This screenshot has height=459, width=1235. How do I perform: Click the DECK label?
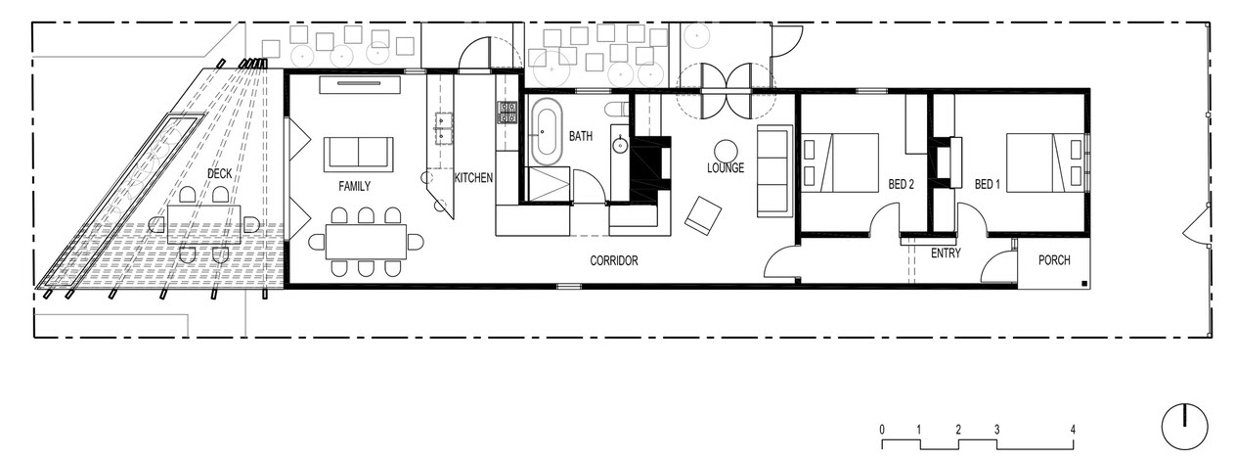tap(219, 174)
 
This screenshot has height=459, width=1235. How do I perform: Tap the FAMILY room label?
tap(355, 187)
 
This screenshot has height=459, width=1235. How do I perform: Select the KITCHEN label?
tap(473, 178)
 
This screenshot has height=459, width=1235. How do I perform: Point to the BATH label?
tap(581, 136)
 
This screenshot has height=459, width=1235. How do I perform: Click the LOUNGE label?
tap(726, 167)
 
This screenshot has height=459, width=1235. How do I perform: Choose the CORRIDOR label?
tap(614, 260)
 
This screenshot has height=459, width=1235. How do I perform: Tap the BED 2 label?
tap(901, 184)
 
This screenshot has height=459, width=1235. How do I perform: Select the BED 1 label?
tap(987, 184)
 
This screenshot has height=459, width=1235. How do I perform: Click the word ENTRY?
tap(946, 253)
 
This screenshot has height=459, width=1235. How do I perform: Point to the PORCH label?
tap(1054, 260)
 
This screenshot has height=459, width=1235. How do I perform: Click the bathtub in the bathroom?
tap(547, 131)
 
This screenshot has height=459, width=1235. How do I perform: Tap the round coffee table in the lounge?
tap(726, 151)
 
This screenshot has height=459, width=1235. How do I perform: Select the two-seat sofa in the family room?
tap(358, 153)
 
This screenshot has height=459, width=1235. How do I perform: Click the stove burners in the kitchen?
tap(507, 112)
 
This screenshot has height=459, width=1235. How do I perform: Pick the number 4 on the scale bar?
tap(1073, 430)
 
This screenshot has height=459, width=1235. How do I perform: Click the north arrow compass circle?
tap(1185, 428)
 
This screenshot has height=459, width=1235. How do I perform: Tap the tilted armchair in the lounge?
tap(703, 215)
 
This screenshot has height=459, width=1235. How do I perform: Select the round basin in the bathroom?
tap(620, 145)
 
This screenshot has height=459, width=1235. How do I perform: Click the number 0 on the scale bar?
tap(882, 430)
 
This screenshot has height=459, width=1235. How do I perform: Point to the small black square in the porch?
tap(1084, 284)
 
